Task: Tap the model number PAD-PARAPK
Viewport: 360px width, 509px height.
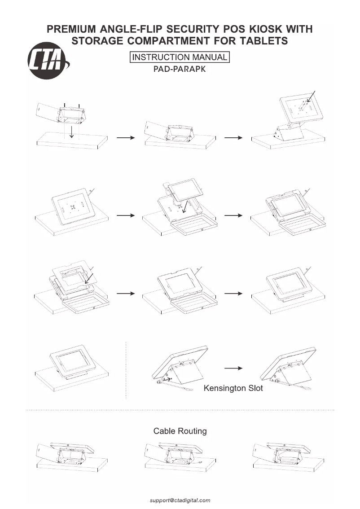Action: tap(180, 70)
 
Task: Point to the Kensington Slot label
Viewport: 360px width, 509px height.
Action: tap(233, 388)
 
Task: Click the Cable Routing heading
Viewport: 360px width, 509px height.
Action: tap(180, 431)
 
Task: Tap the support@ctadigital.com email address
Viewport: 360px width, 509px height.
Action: tap(180, 500)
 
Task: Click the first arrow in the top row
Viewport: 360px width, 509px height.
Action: tap(126, 138)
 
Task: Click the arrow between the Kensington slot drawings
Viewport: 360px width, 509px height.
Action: tap(234, 368)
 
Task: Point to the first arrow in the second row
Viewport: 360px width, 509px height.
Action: tap(126, 215)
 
